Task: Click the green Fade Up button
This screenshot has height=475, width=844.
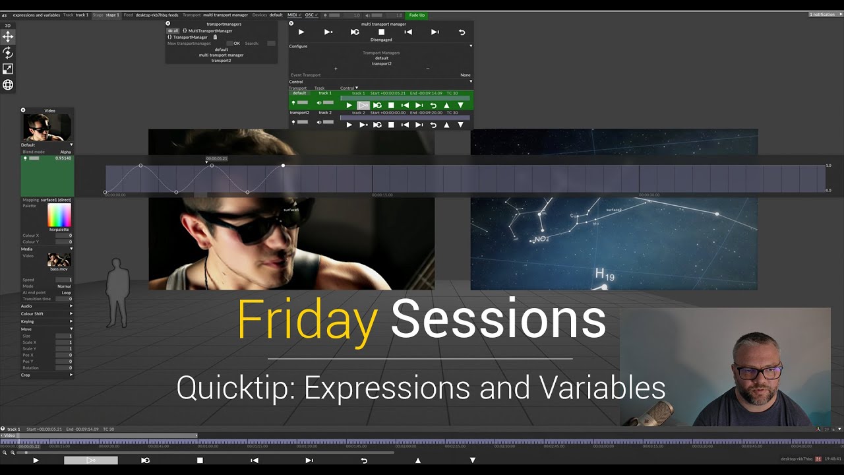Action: [x=417, y=15]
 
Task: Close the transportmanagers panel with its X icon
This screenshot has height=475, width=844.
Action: [x=168, y=24]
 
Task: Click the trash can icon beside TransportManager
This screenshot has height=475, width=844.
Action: [x=215, y=37]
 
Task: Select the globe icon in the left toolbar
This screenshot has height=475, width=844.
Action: [x=8, y=84]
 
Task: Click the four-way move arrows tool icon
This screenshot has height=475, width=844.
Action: [x=8, y=37]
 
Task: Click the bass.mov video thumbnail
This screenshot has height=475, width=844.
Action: [x=59, y=260]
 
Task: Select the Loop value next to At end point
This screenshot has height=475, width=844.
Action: [x=66, y=292]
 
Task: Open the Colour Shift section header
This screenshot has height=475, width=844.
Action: [x=33, y=314]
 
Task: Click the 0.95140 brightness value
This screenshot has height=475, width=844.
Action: [x=63, y=158]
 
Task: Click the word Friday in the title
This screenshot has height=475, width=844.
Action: [x=307, y=320]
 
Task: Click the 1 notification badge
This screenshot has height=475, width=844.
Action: [x=824, y=15]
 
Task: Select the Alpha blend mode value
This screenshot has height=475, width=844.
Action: [x=65, y=152]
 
